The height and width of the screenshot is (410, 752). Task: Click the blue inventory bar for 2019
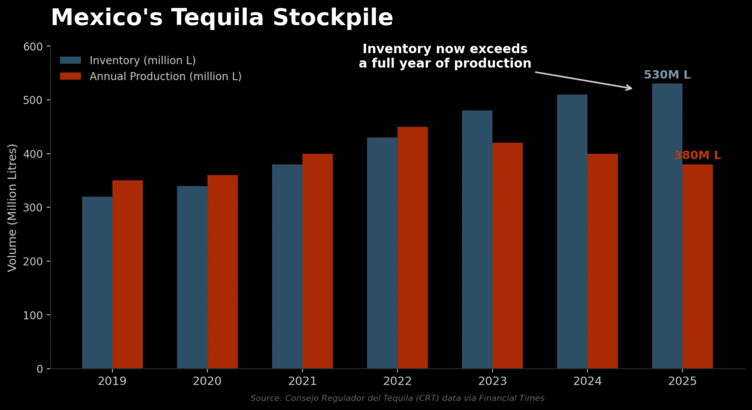(97, 282)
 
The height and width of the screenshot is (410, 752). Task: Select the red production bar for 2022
(412, 247)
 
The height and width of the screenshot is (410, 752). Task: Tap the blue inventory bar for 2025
(667, 226)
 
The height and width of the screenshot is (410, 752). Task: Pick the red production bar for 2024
(602, 261)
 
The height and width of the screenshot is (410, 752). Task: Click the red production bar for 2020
(222, 272)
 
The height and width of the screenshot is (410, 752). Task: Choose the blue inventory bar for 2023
(477, 239)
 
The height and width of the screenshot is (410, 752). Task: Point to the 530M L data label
(667, 75)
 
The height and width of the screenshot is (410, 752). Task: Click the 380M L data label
(697, 155)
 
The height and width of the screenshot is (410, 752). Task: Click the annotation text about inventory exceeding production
(445, 56)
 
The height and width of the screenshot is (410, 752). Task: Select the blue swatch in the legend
(71, 61)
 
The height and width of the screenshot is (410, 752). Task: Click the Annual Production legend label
(165, 76)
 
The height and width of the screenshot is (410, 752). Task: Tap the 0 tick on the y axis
(39, 369)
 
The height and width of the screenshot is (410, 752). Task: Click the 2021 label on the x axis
(302, 381)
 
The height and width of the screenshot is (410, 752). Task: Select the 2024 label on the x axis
(587, 381)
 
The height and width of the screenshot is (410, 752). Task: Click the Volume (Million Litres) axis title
(13, 207)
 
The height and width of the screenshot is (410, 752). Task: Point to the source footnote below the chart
(397, 398)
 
